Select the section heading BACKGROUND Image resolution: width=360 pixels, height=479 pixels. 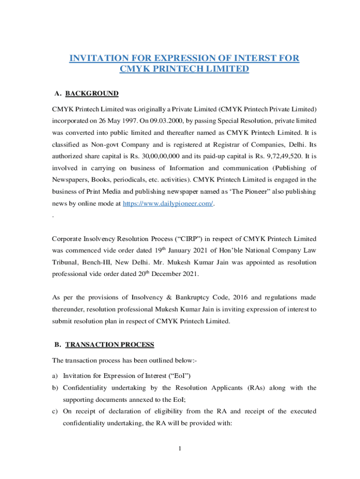(x=92, y=94)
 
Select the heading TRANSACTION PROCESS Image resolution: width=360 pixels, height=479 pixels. (x=109, y=345)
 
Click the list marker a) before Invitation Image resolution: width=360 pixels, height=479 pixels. (x=55, y=376)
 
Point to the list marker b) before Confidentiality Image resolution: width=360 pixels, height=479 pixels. (x=55, y=388)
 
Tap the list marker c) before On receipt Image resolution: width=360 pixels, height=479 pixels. (x=55, y=412)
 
